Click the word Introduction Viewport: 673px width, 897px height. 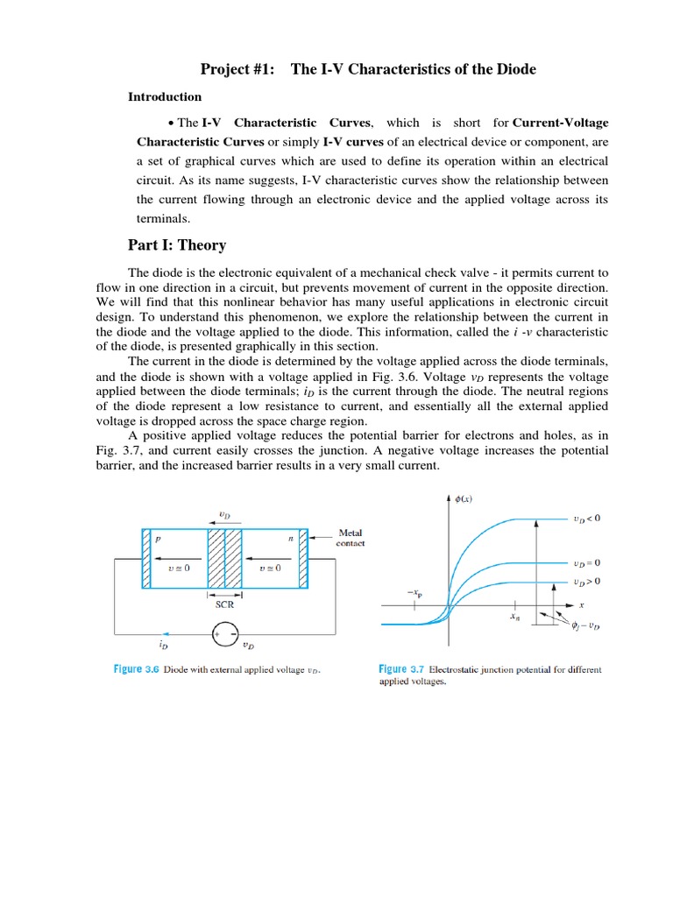click(165, 97)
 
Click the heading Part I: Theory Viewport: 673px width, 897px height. click(177, 245)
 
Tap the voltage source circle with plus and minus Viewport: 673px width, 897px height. click(225, 632)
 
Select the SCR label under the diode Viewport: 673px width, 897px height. click(224, 604)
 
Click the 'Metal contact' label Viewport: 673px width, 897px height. click(350, 538)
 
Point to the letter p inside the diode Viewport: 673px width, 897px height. click(158, 540)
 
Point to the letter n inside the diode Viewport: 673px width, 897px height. click(291, 540)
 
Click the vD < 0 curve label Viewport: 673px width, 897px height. click(586, 519)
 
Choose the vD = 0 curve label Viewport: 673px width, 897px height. click(586, 563)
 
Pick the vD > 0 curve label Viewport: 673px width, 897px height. click(586, 582)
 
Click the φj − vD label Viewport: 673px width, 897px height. click(585, 625)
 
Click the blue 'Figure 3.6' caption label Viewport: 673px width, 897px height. click(139, 670)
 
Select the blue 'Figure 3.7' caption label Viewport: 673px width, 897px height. click(402, 670)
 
